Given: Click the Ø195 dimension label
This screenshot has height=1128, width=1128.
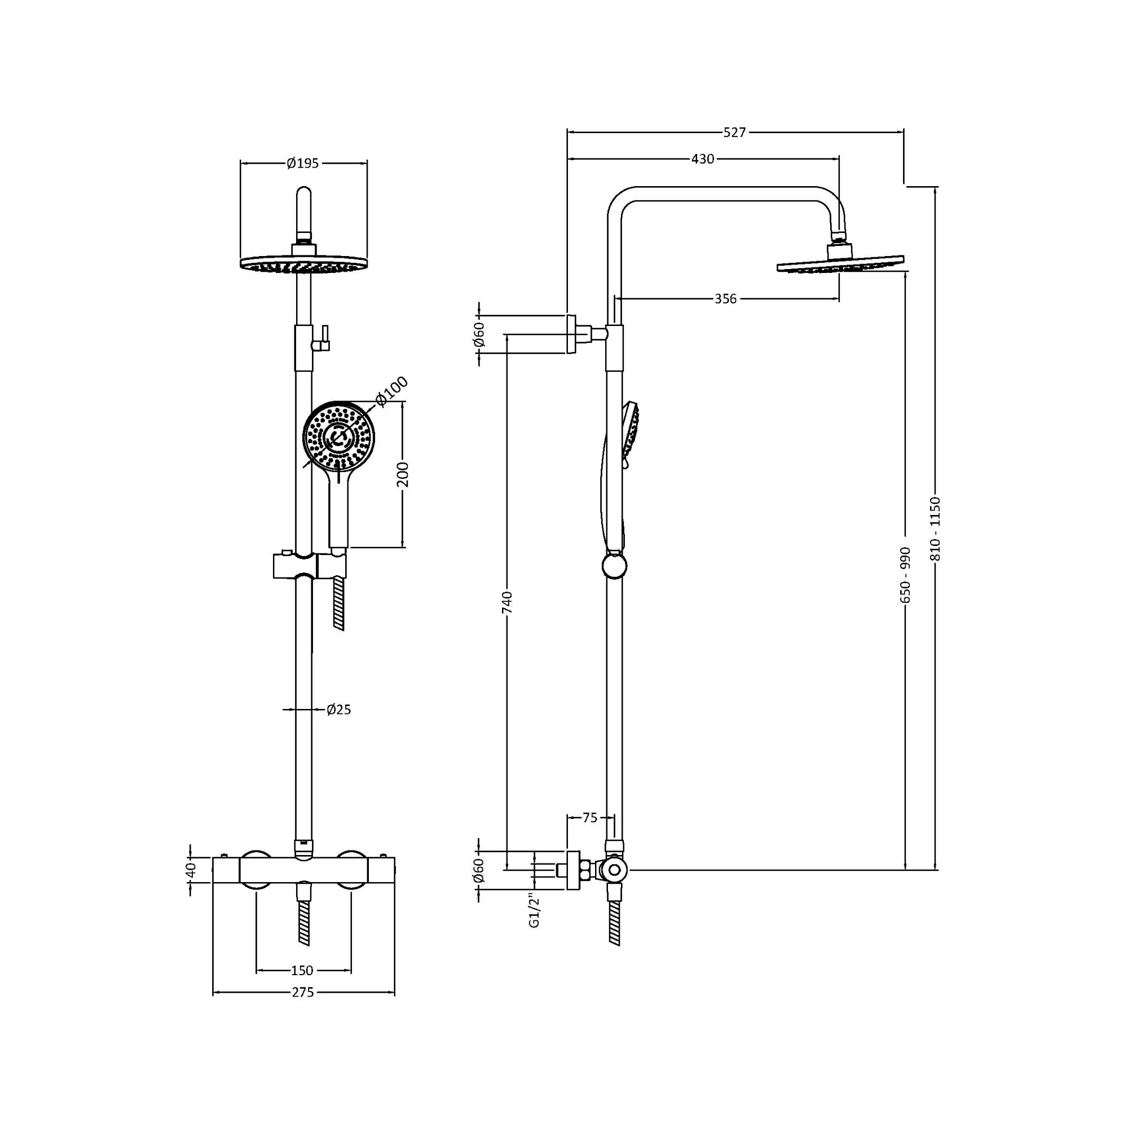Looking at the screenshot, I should pyautogui.click(x=302, y=164).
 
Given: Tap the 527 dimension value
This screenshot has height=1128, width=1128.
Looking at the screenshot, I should pyautogui.click(x=734, y=133).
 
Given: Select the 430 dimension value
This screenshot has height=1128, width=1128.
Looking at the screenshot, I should pyautogui.click(x=702, y=159).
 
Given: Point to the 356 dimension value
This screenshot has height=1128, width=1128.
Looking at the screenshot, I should pyautogui.click(x=725, y=299).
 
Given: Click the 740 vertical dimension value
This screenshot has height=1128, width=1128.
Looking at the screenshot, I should pyautogui.click(x=507, y=602).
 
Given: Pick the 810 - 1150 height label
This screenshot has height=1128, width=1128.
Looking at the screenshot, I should pyautogui.click(x=935, y=528).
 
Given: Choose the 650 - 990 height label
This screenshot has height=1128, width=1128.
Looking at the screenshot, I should pyautogui.click(x=905, y=575).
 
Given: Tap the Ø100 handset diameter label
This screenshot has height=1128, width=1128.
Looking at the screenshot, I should pyautogui.click(x=391, y=391).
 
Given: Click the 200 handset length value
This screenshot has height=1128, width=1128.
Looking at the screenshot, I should pyautogui.click(x=403, y=474).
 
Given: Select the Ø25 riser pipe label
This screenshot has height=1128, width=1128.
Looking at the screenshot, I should pyautogui.click(x=338, y=710).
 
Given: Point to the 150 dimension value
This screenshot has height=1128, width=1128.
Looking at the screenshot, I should pyautogui.click(x=302, y=970).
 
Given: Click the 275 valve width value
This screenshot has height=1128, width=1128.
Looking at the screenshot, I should pyautogui.click(x=302, y=992).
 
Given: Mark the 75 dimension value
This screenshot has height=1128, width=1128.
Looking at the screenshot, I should pyautogui.click(x=590, y=818).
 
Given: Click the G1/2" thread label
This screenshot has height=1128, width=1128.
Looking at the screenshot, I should pyautogui.click(x=534, y=910).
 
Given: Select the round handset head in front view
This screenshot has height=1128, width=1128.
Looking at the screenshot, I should pyautogui.click(x=338, y=437).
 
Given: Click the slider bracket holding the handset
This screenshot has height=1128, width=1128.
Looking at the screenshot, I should pyautogui.click(x=310, y=566).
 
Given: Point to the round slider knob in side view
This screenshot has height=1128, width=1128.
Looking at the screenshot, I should pyautogui.click(x=614, y=566).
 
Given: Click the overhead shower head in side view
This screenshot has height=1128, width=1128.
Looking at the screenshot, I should pyautogui.click(x=841, y=263).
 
